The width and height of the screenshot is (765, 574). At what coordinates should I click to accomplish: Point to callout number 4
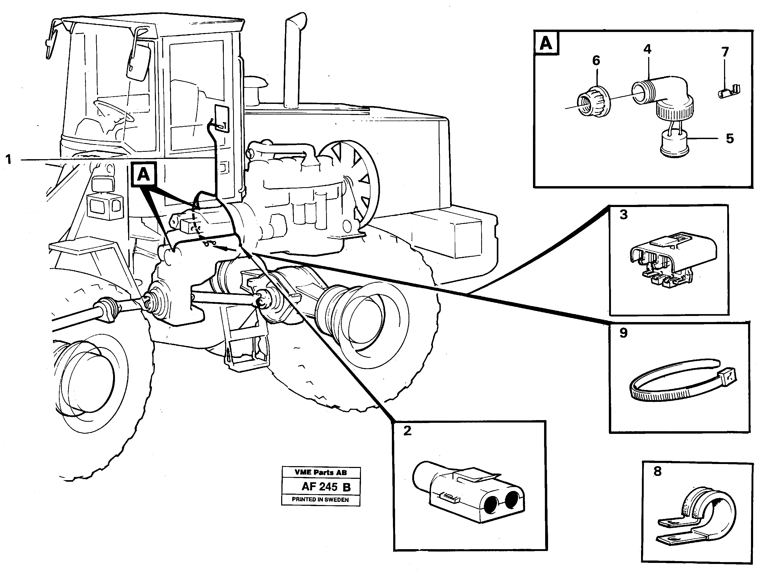[647, 49]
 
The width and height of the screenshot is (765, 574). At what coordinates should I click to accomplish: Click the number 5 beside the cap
[729, 139]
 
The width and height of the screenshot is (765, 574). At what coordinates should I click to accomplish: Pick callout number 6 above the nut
[596, 61]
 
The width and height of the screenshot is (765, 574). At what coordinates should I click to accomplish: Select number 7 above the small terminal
[725, 52]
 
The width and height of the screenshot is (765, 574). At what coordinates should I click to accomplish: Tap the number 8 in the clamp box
[657, 471]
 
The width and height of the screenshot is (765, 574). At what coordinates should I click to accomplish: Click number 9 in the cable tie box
[623, 333]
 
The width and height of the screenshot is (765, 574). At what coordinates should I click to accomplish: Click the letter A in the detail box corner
[546, 44]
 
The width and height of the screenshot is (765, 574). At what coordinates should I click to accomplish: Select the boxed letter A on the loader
[143, 175]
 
